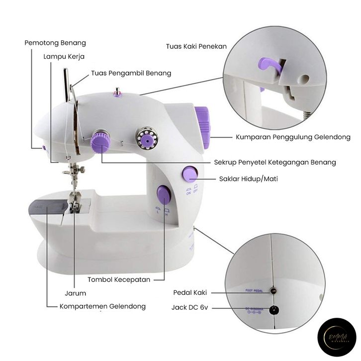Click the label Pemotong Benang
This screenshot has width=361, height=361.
tap(55, 43)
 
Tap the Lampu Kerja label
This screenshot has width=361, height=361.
tap(64, 56)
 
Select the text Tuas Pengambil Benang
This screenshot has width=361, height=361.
tap(131, 73)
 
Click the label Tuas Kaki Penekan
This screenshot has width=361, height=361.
tap(196, 46)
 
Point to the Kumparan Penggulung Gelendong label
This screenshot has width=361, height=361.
tap(293, 137)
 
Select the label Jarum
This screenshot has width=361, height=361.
tap(76, 293)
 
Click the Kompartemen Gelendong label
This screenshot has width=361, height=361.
tap(102, 306)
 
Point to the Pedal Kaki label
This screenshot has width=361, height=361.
tap(190, 292)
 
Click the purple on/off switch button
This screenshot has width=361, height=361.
tap(189, 173)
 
